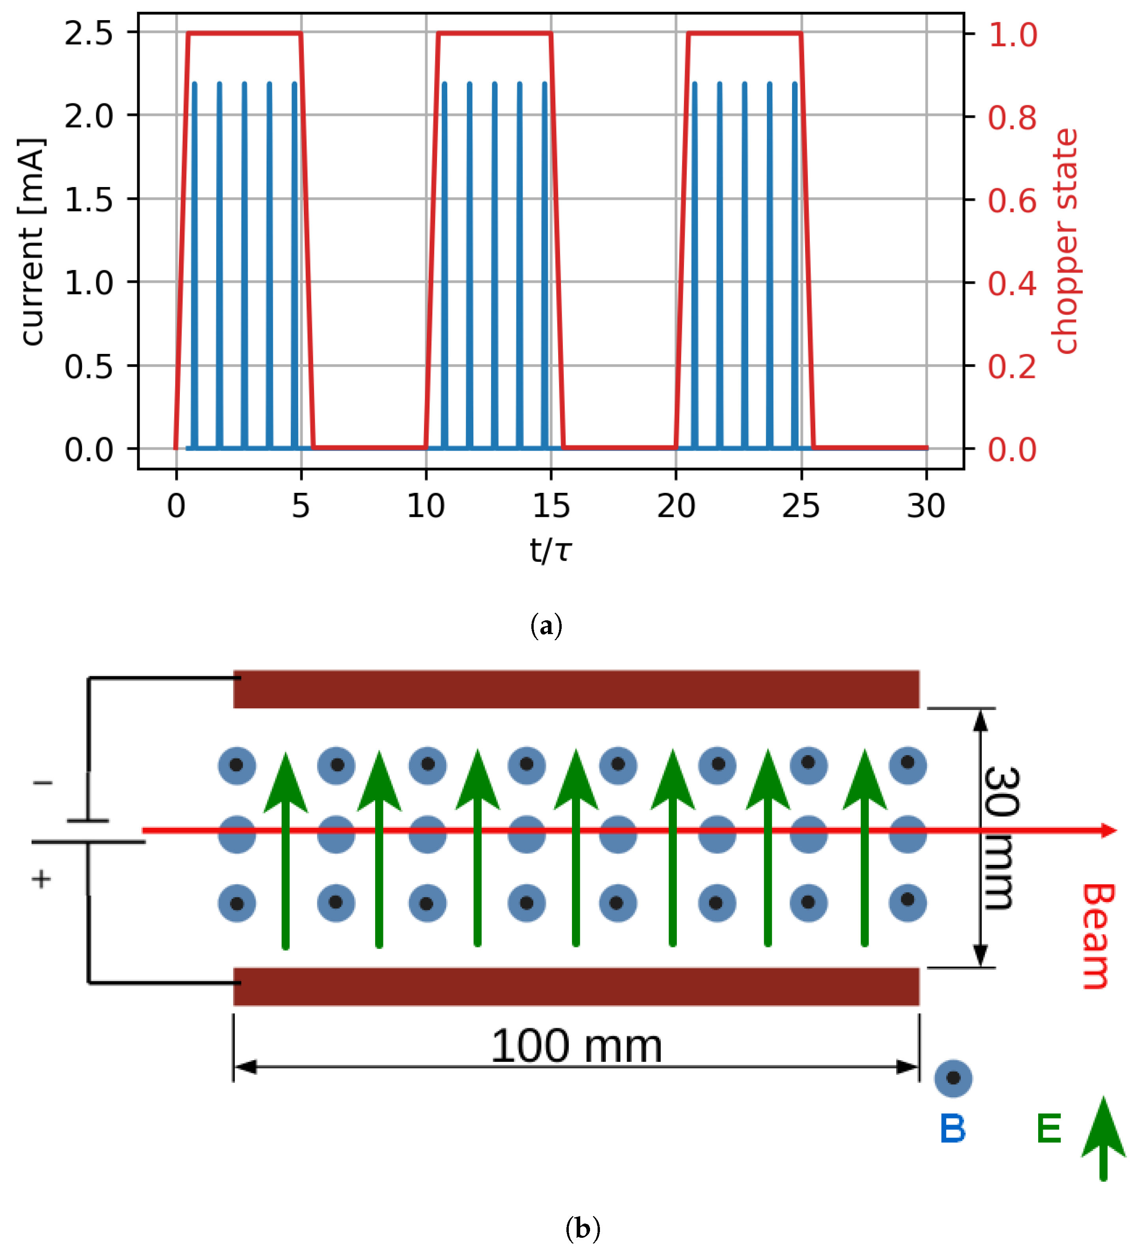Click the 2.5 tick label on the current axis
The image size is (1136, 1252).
click(x=89, y=33)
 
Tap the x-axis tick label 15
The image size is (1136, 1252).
click(x=551, y=506)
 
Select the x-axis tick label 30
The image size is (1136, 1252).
click(x=925, y=506)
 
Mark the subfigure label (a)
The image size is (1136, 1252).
click(x=546, y=625)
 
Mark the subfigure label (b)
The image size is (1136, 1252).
click(x=582, y=1228)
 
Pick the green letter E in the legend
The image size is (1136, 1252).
click(x=1048, y=1128)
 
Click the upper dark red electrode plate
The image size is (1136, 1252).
click(x=576, y=689)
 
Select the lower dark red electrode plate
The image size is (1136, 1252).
click(x=576, y=986)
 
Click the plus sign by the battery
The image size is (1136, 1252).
click(x=41, y=879)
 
